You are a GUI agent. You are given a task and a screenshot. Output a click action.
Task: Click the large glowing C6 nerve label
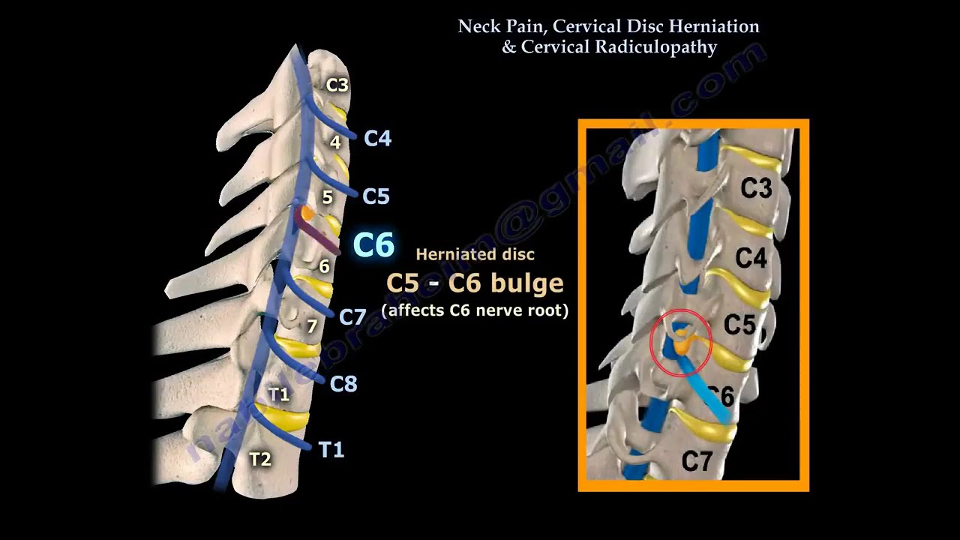click(373, 245)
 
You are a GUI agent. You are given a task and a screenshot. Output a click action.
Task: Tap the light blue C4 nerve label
click(377, 138)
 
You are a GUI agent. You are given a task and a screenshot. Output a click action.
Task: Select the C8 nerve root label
click(343, 384)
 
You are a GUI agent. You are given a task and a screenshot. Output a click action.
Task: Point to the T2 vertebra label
click(259, 459)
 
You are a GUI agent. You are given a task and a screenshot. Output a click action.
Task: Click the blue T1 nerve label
click(331, 449)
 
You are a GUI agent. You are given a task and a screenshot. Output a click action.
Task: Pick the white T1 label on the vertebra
click(278, 394)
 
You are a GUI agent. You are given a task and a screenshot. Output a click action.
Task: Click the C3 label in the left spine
click(337, 85)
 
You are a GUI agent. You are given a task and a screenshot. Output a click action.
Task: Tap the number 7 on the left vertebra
click(313, 326)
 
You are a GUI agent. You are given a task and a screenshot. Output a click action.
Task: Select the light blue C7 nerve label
click(352, 316)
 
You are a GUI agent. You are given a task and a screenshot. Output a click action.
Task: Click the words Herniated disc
click(475, 255)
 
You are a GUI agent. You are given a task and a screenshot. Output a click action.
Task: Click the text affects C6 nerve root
click(475, 310)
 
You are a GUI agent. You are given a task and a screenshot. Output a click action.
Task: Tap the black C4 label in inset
click(751, 259)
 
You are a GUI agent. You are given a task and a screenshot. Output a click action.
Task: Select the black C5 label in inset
click(739, 325)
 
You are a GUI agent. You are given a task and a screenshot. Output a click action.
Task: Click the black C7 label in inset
click(697, 460)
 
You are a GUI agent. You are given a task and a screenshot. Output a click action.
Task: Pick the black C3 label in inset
click(756, 188)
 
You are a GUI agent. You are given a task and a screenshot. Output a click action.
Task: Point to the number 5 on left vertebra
click(327, 197)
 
